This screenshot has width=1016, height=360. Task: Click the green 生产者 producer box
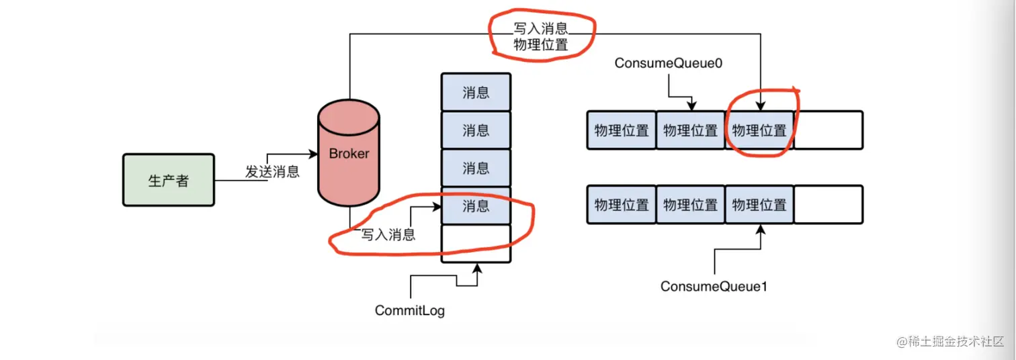pos(168,180)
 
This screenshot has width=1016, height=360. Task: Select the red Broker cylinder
pos(349,154)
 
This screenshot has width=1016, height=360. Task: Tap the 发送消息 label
pos(271,171)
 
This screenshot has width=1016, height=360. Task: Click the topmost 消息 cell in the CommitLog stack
pos(476,92)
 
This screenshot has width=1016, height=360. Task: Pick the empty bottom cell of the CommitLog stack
pos(476,243)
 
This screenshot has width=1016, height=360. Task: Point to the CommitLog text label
pos(409,311)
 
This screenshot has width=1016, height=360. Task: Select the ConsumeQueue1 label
pos(714,286)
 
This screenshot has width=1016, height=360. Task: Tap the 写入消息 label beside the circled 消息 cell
pos(388,234)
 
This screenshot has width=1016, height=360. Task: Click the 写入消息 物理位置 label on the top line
pos(540,36)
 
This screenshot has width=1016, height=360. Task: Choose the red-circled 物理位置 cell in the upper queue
pos(759,130)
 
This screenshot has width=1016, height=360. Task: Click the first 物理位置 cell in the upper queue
pos(622,130)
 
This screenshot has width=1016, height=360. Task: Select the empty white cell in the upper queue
pos(829,130)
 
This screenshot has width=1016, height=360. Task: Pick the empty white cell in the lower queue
pos(829,205)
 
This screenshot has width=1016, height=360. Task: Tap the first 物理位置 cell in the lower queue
pos(622,205)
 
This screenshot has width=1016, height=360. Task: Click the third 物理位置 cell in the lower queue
pos(759,205)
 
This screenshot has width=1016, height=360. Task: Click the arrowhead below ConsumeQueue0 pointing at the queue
pos(691,106)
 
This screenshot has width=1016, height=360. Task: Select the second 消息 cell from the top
pos(476,130)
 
